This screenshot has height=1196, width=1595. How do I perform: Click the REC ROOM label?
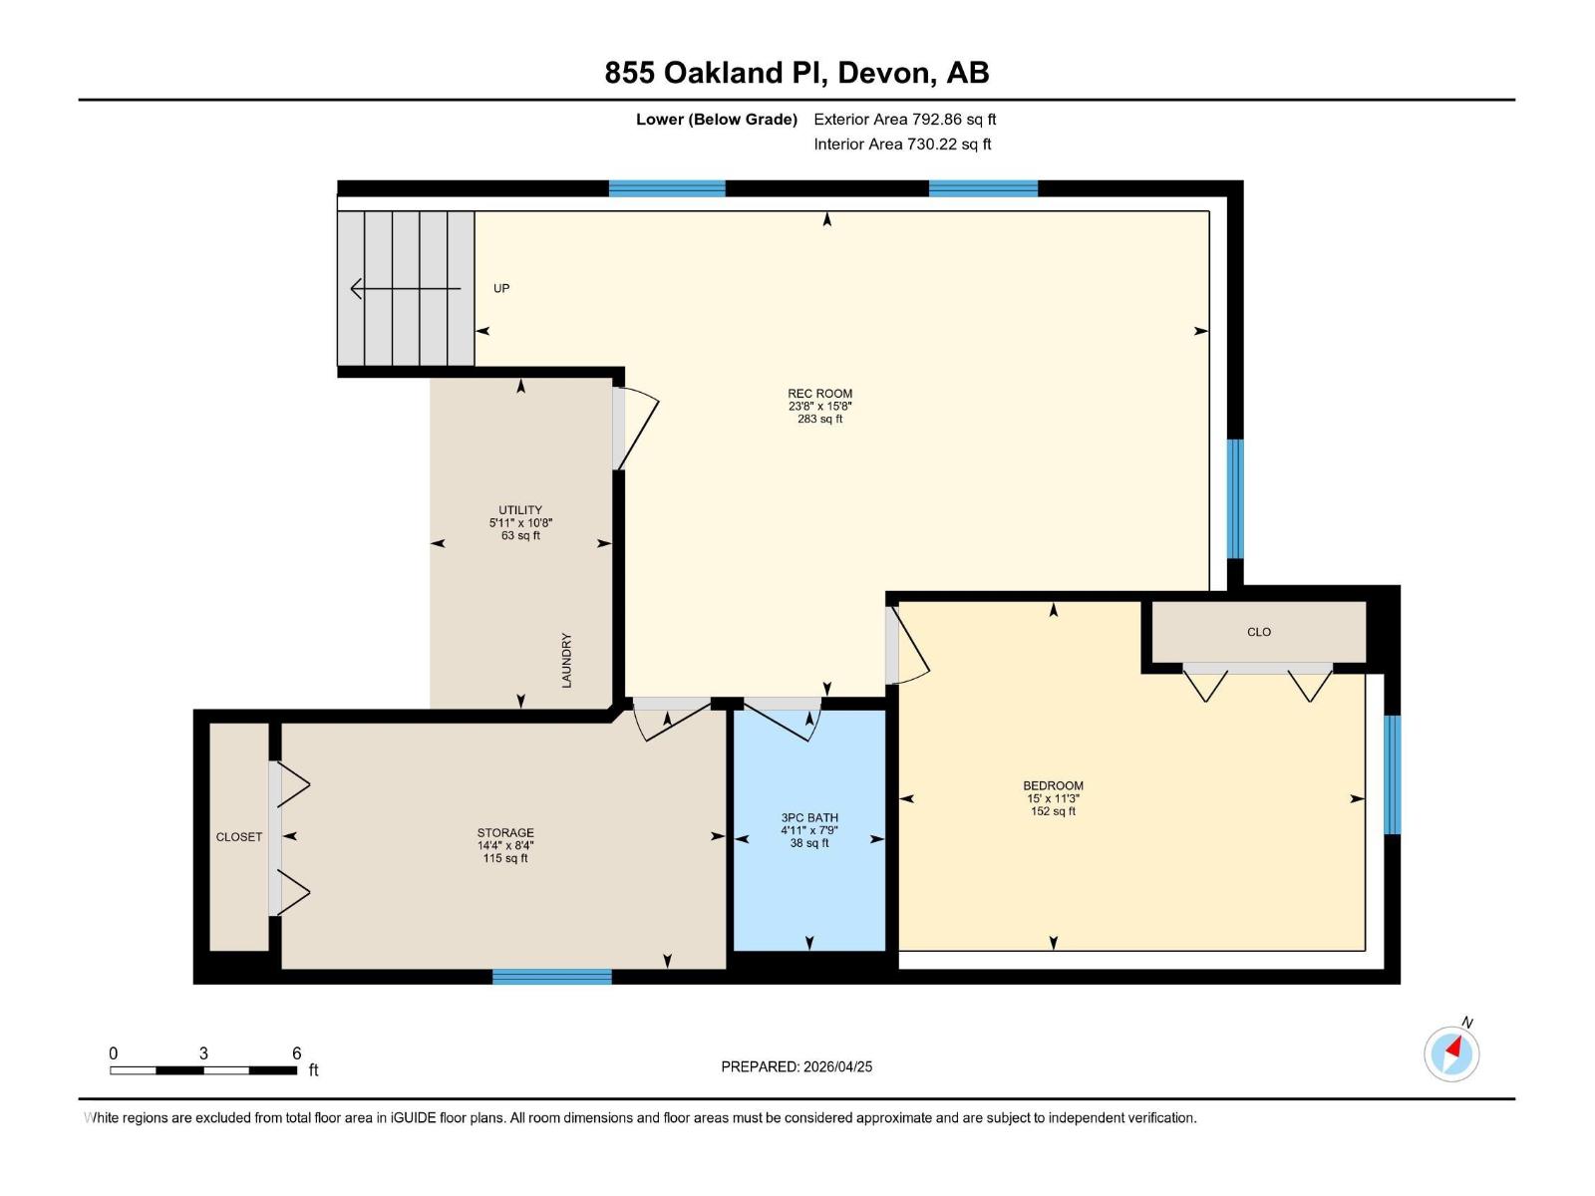[819, 394]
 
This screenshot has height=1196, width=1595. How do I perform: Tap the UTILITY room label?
[520, 510]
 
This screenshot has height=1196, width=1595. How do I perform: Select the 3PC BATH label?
[809, 818]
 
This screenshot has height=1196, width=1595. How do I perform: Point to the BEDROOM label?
[1053, 785]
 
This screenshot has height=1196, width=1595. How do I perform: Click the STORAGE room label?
[505, 833]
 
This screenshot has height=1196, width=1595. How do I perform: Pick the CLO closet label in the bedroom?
[1259, 632]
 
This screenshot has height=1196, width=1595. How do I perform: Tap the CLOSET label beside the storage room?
[239, 837]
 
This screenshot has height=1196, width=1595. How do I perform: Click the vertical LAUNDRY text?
[566, 660]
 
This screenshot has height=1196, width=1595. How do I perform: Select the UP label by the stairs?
[501, 289]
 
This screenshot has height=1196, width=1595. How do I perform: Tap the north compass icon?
[1451, 1052]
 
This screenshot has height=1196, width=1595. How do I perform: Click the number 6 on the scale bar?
[296, 1053]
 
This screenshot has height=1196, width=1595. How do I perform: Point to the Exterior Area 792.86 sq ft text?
[904, 120]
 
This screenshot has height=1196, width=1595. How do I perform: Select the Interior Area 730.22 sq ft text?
[902, 145]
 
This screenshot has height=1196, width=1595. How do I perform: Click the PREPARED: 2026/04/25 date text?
[797, 1066]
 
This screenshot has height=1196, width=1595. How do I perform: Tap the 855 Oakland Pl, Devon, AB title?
[797, 73]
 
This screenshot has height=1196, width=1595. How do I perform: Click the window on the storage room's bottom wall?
[551, 977]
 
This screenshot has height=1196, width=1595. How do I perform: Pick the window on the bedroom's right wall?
[1393, 774]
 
